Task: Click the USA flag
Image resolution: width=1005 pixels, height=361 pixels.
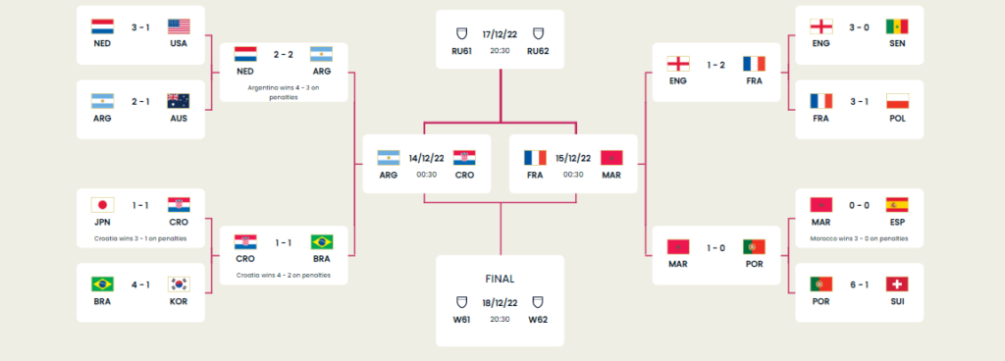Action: [179, 26]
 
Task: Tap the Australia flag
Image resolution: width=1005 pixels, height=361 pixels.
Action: [179, 100]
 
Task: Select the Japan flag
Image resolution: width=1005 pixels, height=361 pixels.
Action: [103, 204]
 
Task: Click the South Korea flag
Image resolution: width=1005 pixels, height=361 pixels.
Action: [179, 284]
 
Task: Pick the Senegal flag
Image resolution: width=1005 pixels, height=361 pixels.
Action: [896, 26]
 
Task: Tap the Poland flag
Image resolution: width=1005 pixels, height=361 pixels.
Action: [896, 100]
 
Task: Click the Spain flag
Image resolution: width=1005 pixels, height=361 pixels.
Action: [896, 204]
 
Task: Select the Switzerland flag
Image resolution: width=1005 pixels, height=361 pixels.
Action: [896, 284]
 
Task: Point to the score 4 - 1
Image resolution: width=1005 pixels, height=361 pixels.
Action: [140, 283]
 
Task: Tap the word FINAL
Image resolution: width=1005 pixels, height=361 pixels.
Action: [500, 278]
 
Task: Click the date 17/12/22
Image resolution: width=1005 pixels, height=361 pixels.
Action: [500, 31]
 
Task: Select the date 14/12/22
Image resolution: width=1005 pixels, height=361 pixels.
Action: [426, 158]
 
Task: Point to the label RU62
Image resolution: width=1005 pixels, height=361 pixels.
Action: [538, 52]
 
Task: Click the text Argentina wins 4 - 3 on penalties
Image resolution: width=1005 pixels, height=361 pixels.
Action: [283, 91]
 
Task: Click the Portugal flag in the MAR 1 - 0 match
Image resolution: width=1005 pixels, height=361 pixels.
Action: [753, 246]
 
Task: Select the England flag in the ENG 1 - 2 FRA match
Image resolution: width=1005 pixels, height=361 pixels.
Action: [676, 64]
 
